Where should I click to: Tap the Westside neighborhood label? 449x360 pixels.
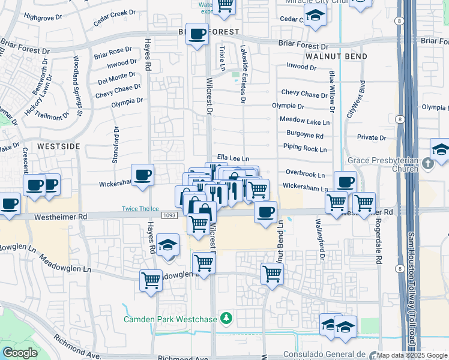click(x=58, y=146)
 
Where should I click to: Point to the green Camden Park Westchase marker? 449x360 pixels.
click(x=226, y=317)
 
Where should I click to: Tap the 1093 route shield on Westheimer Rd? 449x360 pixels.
click(x=169, y=215)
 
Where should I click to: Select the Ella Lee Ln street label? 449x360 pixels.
click(x=232, y=158)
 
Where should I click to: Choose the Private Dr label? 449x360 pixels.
click(x=372, y=137)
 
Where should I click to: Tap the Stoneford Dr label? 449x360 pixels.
click(x=116, y=145)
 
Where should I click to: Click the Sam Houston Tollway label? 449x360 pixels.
click(x=411, y=288)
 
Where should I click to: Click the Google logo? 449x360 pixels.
click(x=20, y=353)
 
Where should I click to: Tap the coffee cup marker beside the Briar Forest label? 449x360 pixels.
click(x=196, y=34)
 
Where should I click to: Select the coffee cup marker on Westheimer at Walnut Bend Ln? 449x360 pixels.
click(x=265, y=211)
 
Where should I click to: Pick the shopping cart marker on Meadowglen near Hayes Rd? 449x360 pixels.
click(x=151, y=279)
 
